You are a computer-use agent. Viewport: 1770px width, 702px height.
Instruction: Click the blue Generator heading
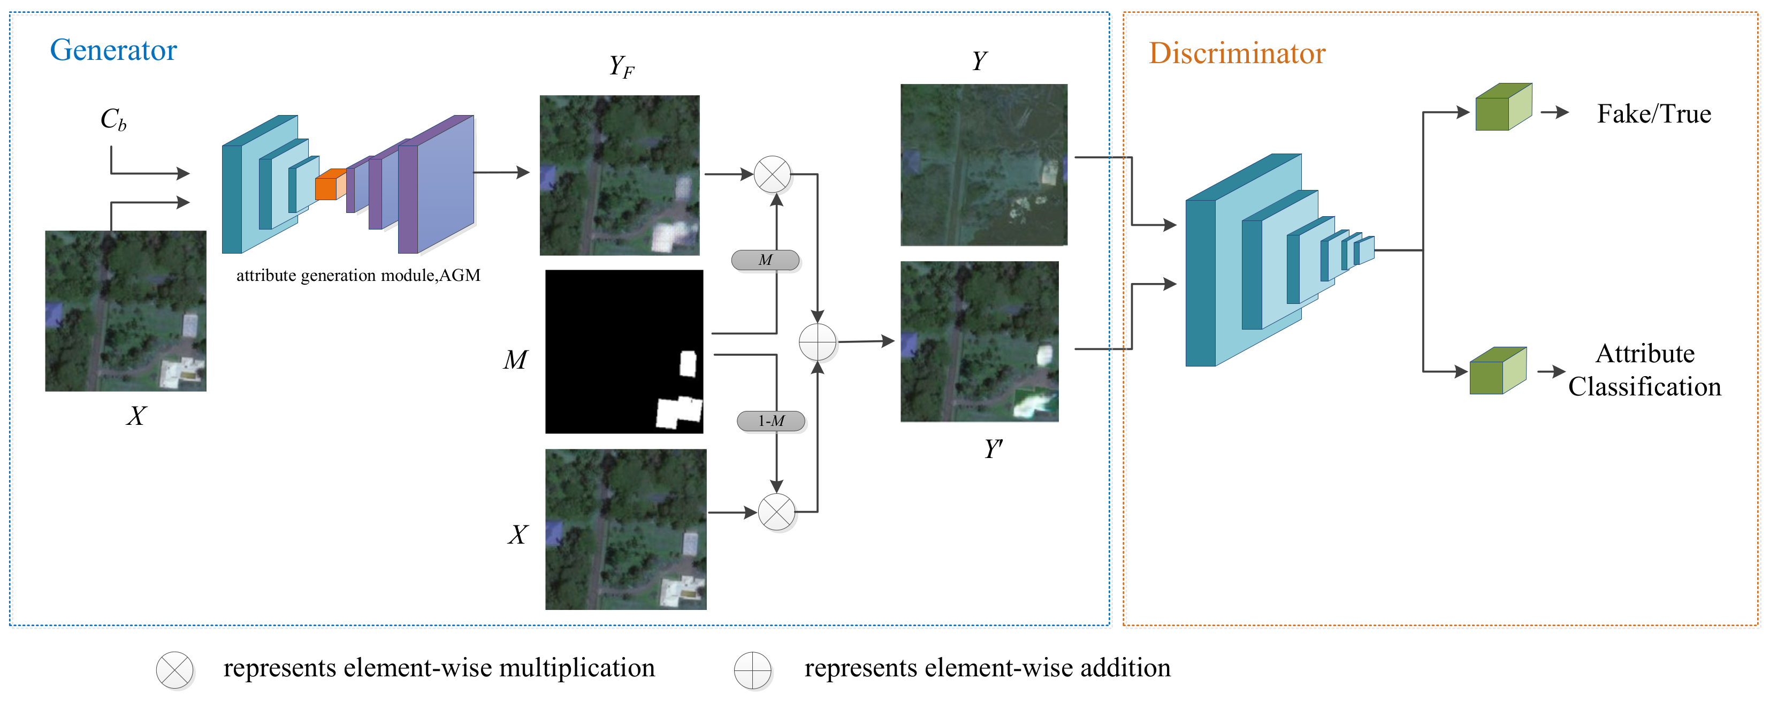113,50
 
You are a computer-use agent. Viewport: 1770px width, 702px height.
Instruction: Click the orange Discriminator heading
1236,54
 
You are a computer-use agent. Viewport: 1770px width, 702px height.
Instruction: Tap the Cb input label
113,119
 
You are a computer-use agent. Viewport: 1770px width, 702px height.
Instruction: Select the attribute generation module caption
358,276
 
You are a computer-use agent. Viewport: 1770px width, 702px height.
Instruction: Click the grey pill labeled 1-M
770,421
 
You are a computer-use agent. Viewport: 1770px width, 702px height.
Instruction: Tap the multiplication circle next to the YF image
772,174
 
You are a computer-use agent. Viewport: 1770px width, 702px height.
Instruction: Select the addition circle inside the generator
817,342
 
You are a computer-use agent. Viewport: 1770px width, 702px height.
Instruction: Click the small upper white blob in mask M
687,363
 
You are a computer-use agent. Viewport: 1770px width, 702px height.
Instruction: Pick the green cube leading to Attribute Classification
1497,372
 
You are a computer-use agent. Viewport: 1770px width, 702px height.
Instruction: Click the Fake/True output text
1653,114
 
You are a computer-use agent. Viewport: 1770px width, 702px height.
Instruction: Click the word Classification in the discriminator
1644,387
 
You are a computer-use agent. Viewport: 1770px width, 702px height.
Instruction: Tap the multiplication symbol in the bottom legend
174,670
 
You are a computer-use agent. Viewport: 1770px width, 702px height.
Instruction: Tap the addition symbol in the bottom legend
752,670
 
